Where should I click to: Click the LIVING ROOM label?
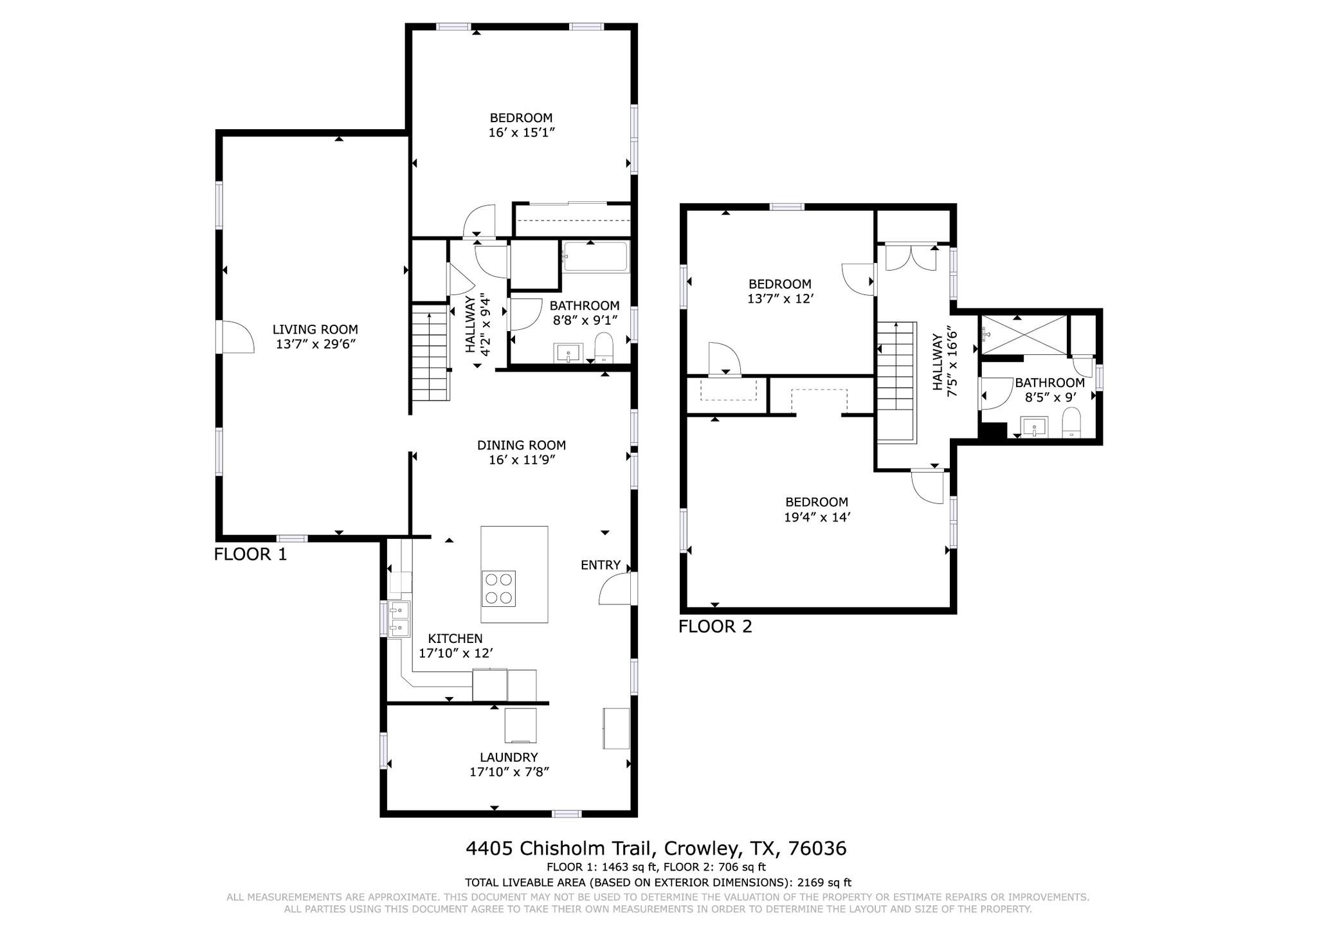pos(315,329)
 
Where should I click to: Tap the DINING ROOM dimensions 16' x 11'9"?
pos(521,460)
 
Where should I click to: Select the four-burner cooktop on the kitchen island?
pos(498,588)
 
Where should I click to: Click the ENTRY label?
pos(600,565)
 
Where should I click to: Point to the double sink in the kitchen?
pos(399,619)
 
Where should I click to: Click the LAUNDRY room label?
pos(508,757)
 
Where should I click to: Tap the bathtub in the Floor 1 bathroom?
pos(595,257)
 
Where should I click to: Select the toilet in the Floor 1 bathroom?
pos(604,348)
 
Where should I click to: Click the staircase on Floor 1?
pos(430,354)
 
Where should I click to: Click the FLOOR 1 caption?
pos(250,554)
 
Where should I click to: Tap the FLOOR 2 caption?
pos(715,626)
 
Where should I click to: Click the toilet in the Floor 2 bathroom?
pos(1071,424)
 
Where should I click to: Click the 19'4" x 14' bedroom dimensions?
pos(817,517)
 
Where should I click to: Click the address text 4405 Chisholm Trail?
pos(560,849)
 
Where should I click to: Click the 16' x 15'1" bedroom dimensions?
pos(521,132)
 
